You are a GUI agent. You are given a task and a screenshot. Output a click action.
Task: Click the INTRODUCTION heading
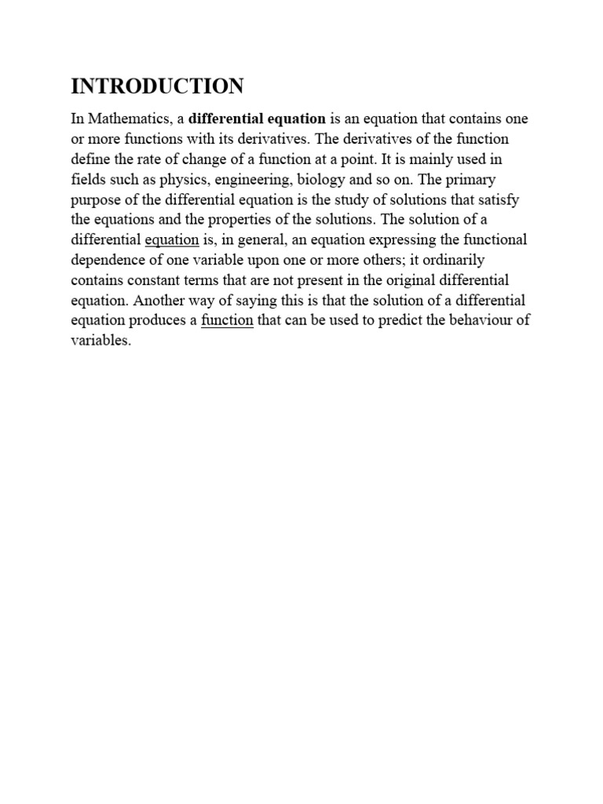[157, 86]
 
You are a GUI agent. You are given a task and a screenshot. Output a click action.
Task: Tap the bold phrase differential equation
[258, 119]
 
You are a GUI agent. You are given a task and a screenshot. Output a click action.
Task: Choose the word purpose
[95, 199]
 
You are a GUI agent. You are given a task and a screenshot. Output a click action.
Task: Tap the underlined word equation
[172, 239]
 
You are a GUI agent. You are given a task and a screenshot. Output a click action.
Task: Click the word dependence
[105, 260]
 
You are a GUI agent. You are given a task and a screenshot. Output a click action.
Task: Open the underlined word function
[228, 320]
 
